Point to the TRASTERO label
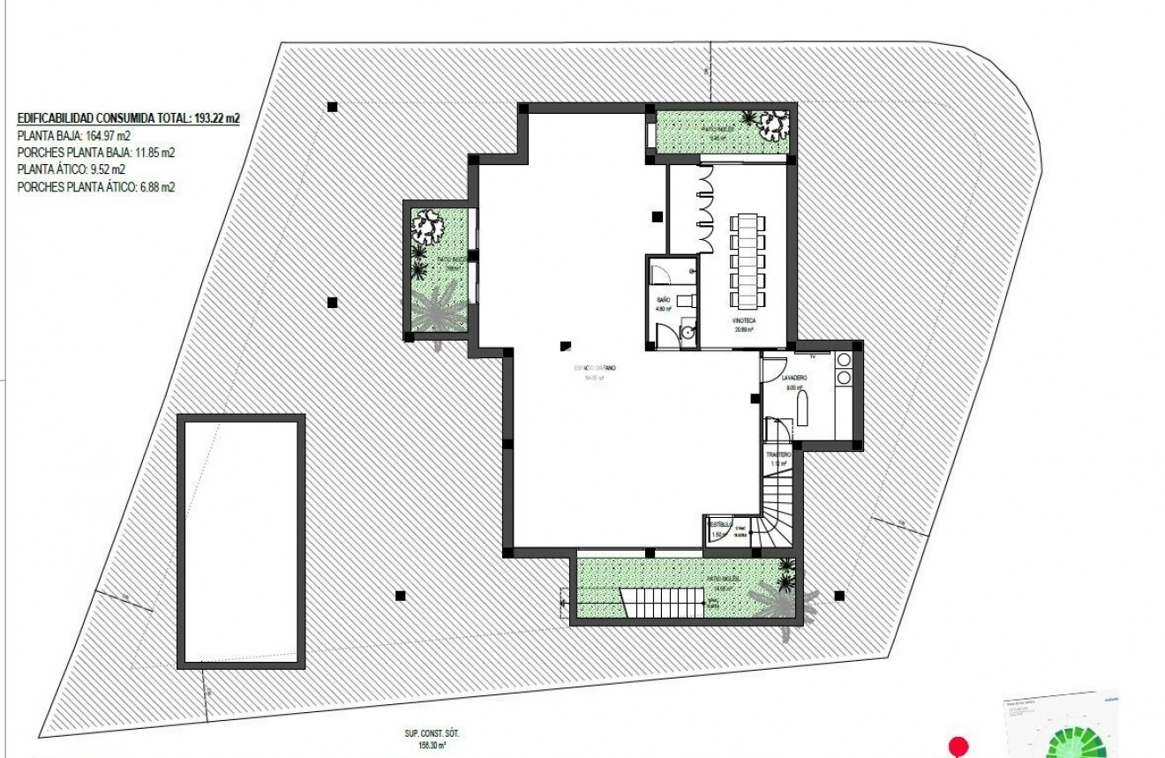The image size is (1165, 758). point(778,454)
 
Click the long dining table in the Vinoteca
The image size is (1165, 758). point(745,256)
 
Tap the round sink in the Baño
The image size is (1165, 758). point(688,333)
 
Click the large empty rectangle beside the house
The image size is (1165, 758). point(242,542)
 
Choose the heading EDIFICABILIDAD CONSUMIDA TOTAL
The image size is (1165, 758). point(129,118)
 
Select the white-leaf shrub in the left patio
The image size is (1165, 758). point(430,225)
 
